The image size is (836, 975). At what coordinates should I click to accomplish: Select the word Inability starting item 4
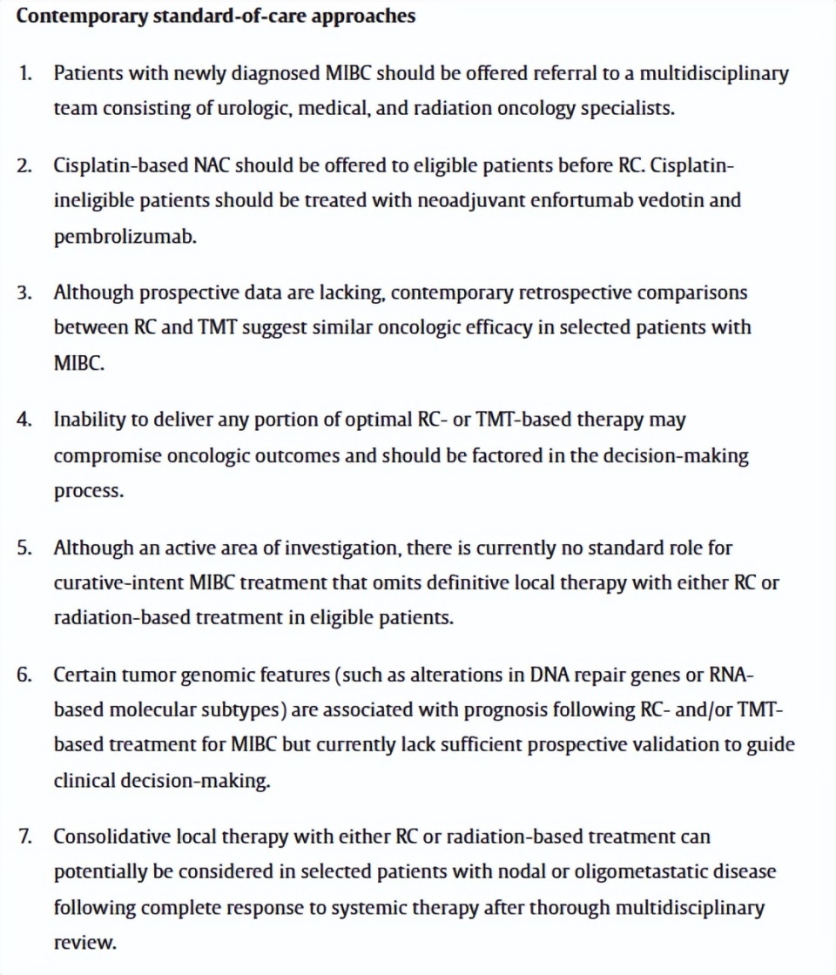(90, 419)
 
